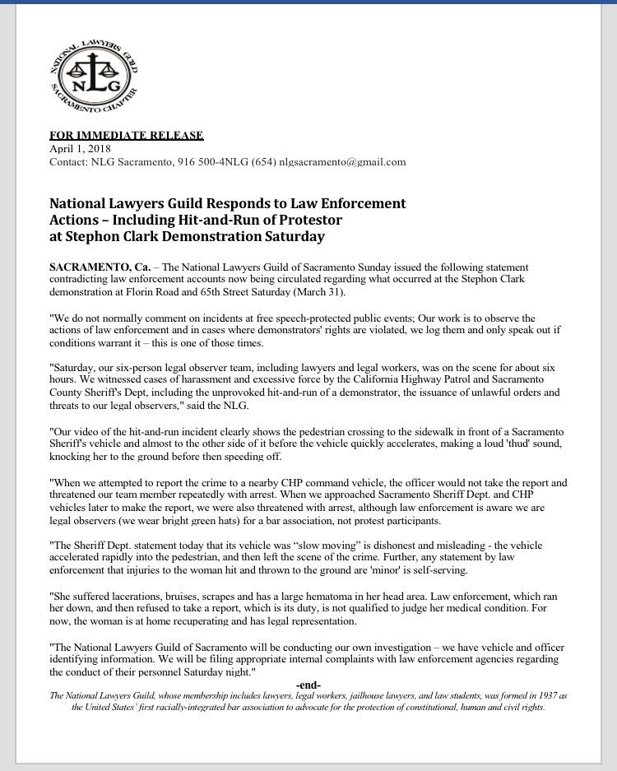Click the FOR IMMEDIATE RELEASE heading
[x=126, y=135]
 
